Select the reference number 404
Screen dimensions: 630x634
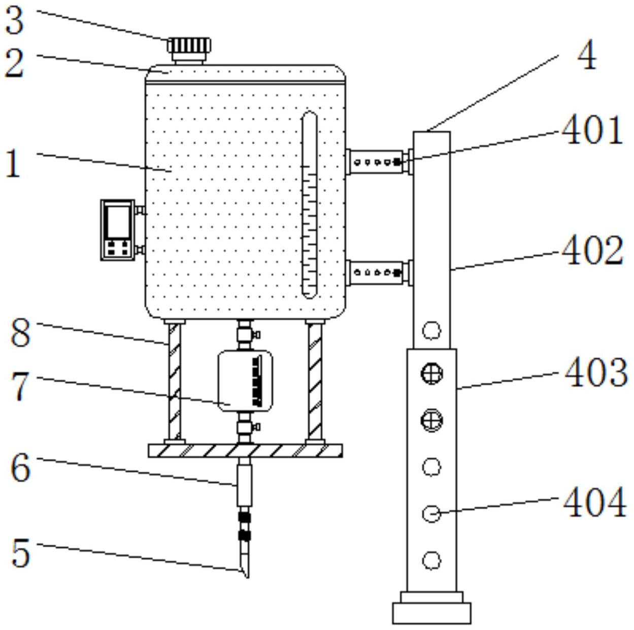click(594, 503)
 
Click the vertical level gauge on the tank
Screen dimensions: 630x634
click(309, 205)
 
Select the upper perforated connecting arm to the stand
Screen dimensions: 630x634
click(378, 162)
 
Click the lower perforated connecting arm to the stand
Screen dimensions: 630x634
click(378, 273)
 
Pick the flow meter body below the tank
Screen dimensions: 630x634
click(245, 380)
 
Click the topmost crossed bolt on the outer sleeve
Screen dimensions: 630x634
click(432, 374)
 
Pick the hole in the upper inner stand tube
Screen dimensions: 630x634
click(432, 331)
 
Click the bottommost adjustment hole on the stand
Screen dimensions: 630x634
click(431, 560)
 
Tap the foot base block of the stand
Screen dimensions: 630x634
click(431, 613)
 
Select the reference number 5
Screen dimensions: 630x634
click(21, 553)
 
